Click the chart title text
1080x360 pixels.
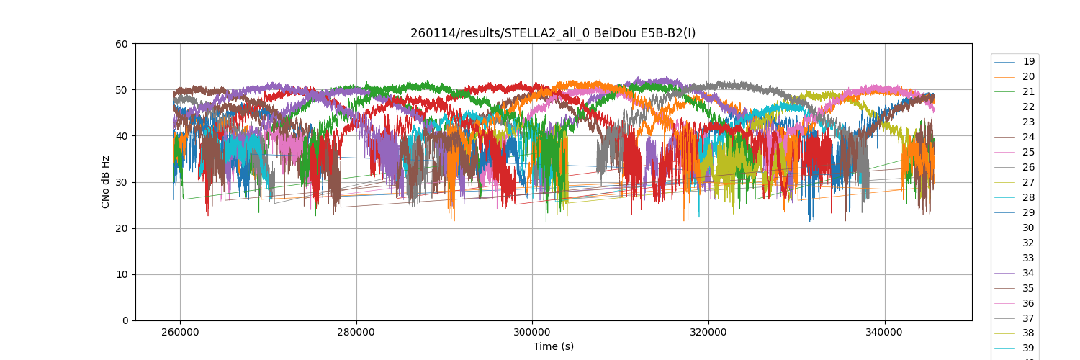point(553,33)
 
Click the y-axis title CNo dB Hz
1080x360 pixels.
point(106,182)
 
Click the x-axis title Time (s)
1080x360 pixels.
point(553,346)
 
